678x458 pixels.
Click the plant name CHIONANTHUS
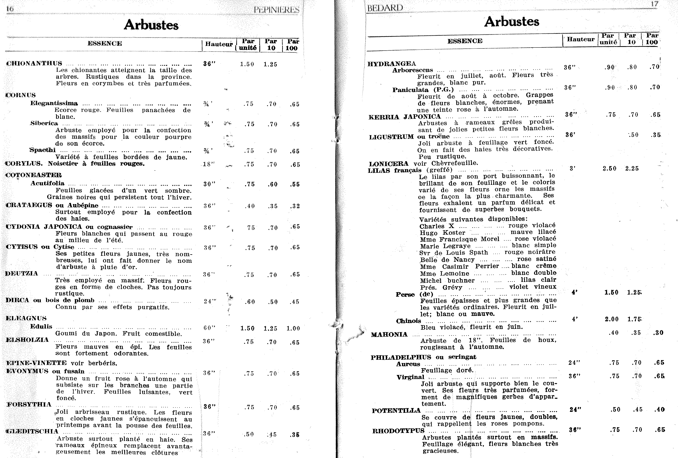(x=34, y=64)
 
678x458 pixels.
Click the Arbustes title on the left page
(x=151, y=25)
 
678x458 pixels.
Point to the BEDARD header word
(x=385, y=8)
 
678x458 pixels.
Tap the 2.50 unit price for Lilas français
(x=609, y=169)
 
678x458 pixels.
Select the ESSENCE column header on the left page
(x=105, y=43)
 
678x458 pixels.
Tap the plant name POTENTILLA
(x=396, y=411)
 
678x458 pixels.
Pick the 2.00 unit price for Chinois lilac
(x=612, y=319)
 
